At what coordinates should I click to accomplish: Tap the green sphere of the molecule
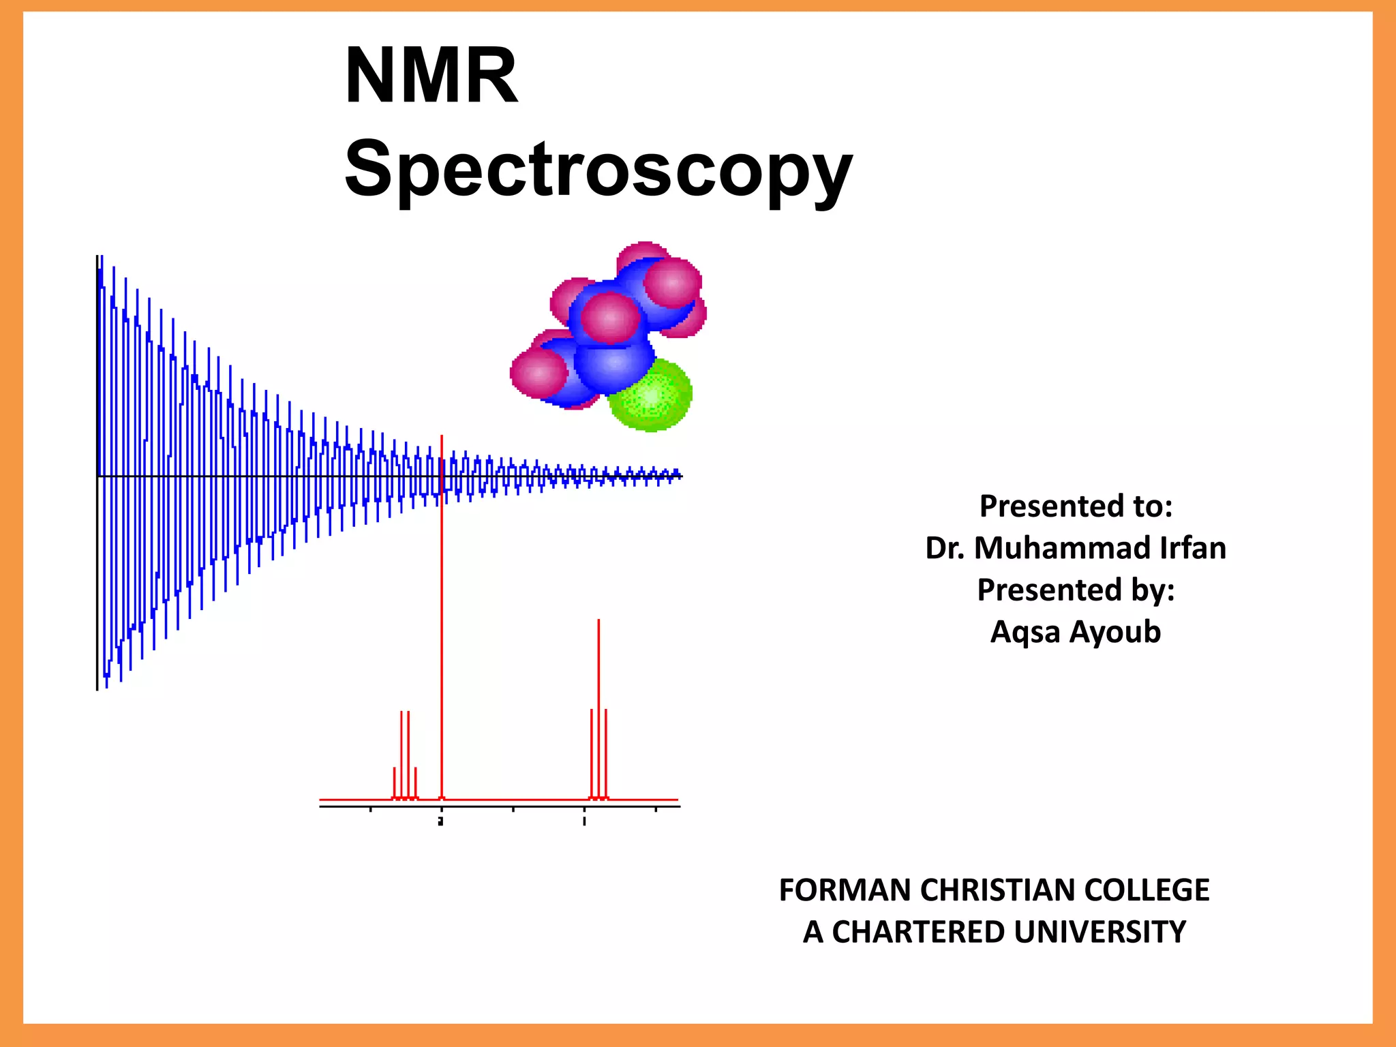pos(651,395)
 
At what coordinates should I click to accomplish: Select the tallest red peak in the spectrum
pos(442,613)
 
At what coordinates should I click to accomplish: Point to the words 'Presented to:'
pos(1076,506)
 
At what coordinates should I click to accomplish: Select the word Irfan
pos(1193,548)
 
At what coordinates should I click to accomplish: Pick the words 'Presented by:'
pos(1076,590)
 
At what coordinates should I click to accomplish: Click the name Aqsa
pos(1025,633)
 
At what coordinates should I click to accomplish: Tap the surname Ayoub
pos(1114,633)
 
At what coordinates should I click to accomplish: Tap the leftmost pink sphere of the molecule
pos(538,373)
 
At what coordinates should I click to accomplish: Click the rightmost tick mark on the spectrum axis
pos(656,810)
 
